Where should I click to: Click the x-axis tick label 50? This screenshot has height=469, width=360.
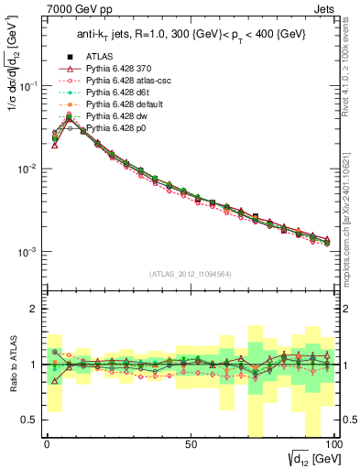[191, 442]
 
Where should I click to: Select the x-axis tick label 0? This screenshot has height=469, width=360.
[46, 442]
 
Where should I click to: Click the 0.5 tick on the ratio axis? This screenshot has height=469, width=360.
[32, 420]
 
